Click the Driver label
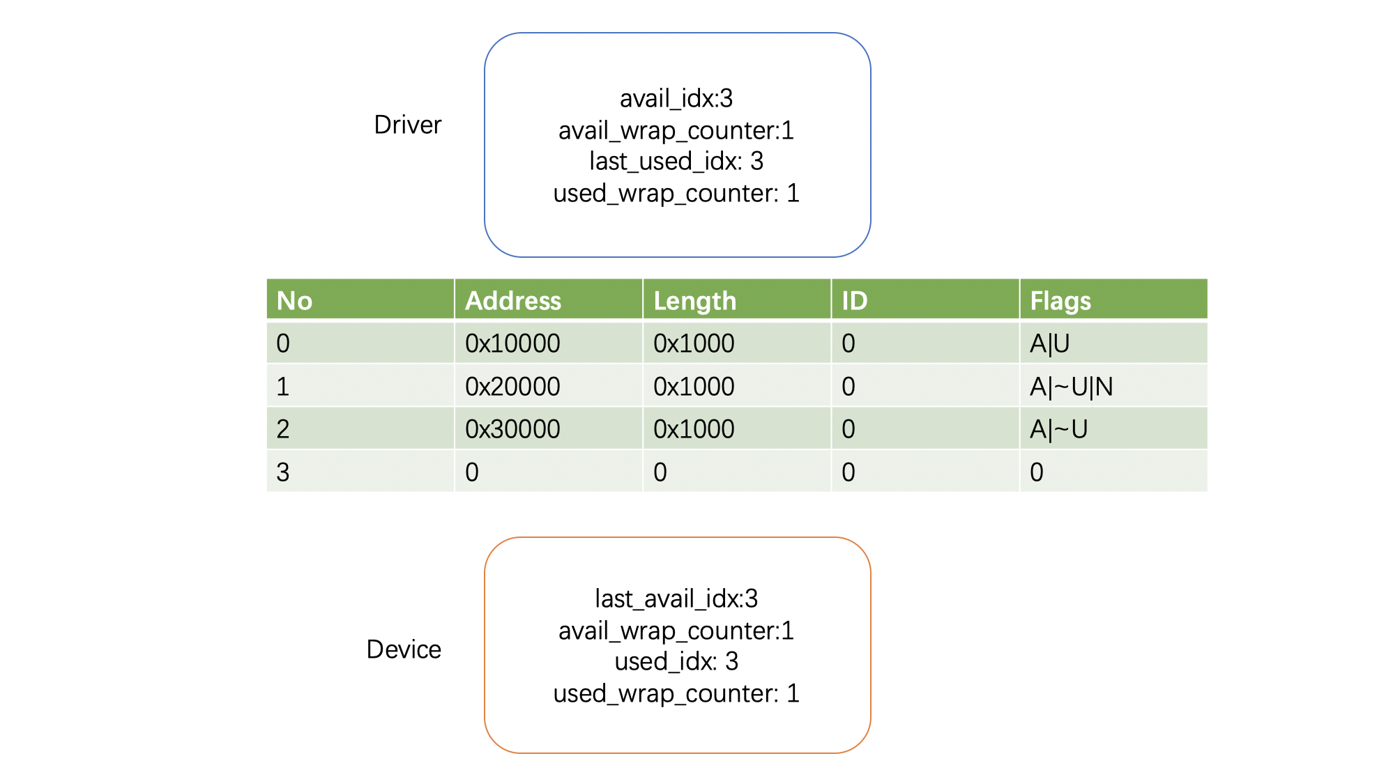(x=408, y=125)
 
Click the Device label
(x=404, y=649)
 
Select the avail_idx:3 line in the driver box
(x=676, y=99)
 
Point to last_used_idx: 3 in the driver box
(x=676, y=162)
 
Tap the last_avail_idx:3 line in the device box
(x=676, y=599)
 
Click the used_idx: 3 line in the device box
(x=676, y=661)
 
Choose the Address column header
(x=513, y=300)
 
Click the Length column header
(x=695, y=301)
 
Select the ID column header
(x=855, y=300)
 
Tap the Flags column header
(x=1060, y=301)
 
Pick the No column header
(x=294, y=300)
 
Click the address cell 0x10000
(x=512, y=344)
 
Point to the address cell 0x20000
(x=512, y=387)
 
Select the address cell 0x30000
(x=512, y=429)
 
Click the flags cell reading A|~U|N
(x=1072, y=387)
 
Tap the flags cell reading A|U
(x=1050, y=344)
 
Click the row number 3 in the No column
(x=282, y=472)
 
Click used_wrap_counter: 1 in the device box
(x=676, y=693)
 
